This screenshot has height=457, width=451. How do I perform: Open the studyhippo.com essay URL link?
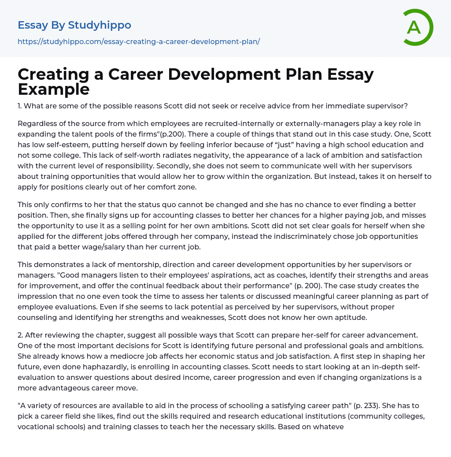(139, 41)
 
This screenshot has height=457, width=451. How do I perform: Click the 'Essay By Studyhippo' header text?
(74, 25)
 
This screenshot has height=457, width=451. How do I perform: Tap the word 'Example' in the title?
(54, 89)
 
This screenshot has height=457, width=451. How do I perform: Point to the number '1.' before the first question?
(20, 106)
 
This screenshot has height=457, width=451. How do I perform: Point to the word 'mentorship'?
(127, 264)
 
